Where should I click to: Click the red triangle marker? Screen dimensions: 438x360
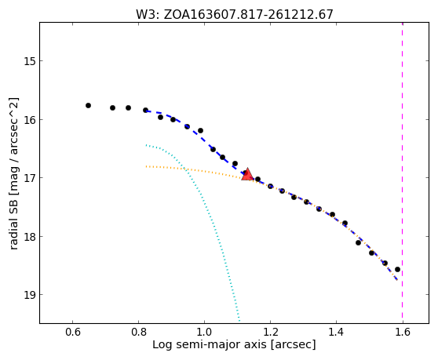pos(247,174)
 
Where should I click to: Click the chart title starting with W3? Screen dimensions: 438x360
pos(235,14)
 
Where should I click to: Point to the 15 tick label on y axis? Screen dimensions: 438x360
pos(30,61)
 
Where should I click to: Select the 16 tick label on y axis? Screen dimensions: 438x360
pos(30,120)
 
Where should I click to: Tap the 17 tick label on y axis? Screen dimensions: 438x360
pos(30,178)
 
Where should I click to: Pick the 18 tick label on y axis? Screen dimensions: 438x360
pos(30,237)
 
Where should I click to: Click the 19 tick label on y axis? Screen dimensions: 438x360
pos(30,295)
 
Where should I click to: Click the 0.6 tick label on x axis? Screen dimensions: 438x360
pos(73,332)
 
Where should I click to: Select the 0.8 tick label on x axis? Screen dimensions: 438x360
pos(139,332)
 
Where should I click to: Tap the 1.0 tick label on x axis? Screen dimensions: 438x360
pos(204,332)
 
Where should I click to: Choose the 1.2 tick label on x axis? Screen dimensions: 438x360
pos(270,332)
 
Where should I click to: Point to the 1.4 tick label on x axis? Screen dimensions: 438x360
pos(336,332)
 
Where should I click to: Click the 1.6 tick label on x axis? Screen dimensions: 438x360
pos(403,332)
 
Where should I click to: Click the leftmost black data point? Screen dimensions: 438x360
pos(88,105)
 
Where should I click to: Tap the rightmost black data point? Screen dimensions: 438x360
pos(397,270)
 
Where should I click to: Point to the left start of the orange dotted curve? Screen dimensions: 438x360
pos(146,166)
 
